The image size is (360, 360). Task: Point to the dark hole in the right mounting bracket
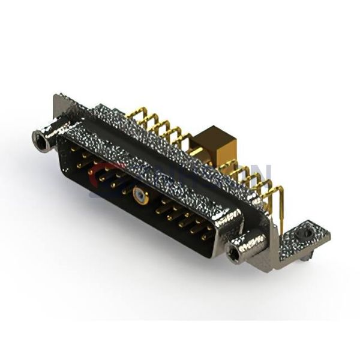click(307, 231)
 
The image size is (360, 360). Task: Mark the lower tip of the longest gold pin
click(281, 232)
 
